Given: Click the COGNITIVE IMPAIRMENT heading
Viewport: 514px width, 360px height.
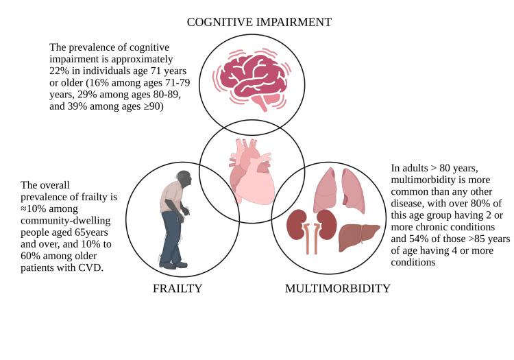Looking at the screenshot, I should [x=259, y=22].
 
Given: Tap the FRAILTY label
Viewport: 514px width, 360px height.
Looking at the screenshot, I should [x=177, y=288].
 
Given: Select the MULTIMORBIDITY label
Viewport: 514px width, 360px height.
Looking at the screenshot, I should [x=337, y=288].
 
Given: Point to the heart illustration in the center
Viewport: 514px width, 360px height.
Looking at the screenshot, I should [x=252, y=167].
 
